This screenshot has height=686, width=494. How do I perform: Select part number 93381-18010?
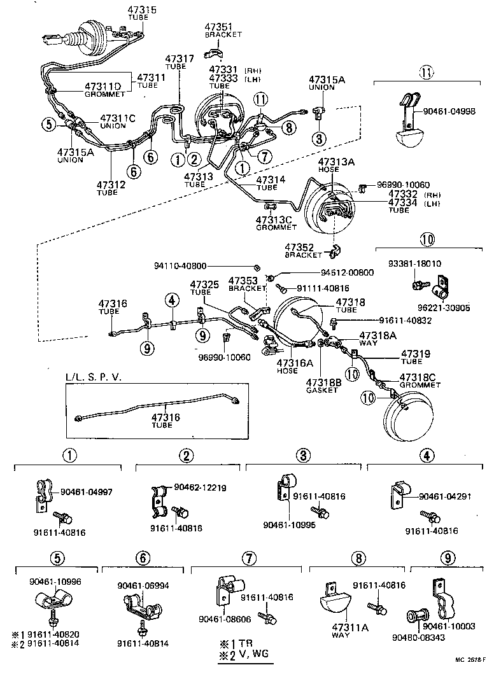[x=414, y=263]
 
